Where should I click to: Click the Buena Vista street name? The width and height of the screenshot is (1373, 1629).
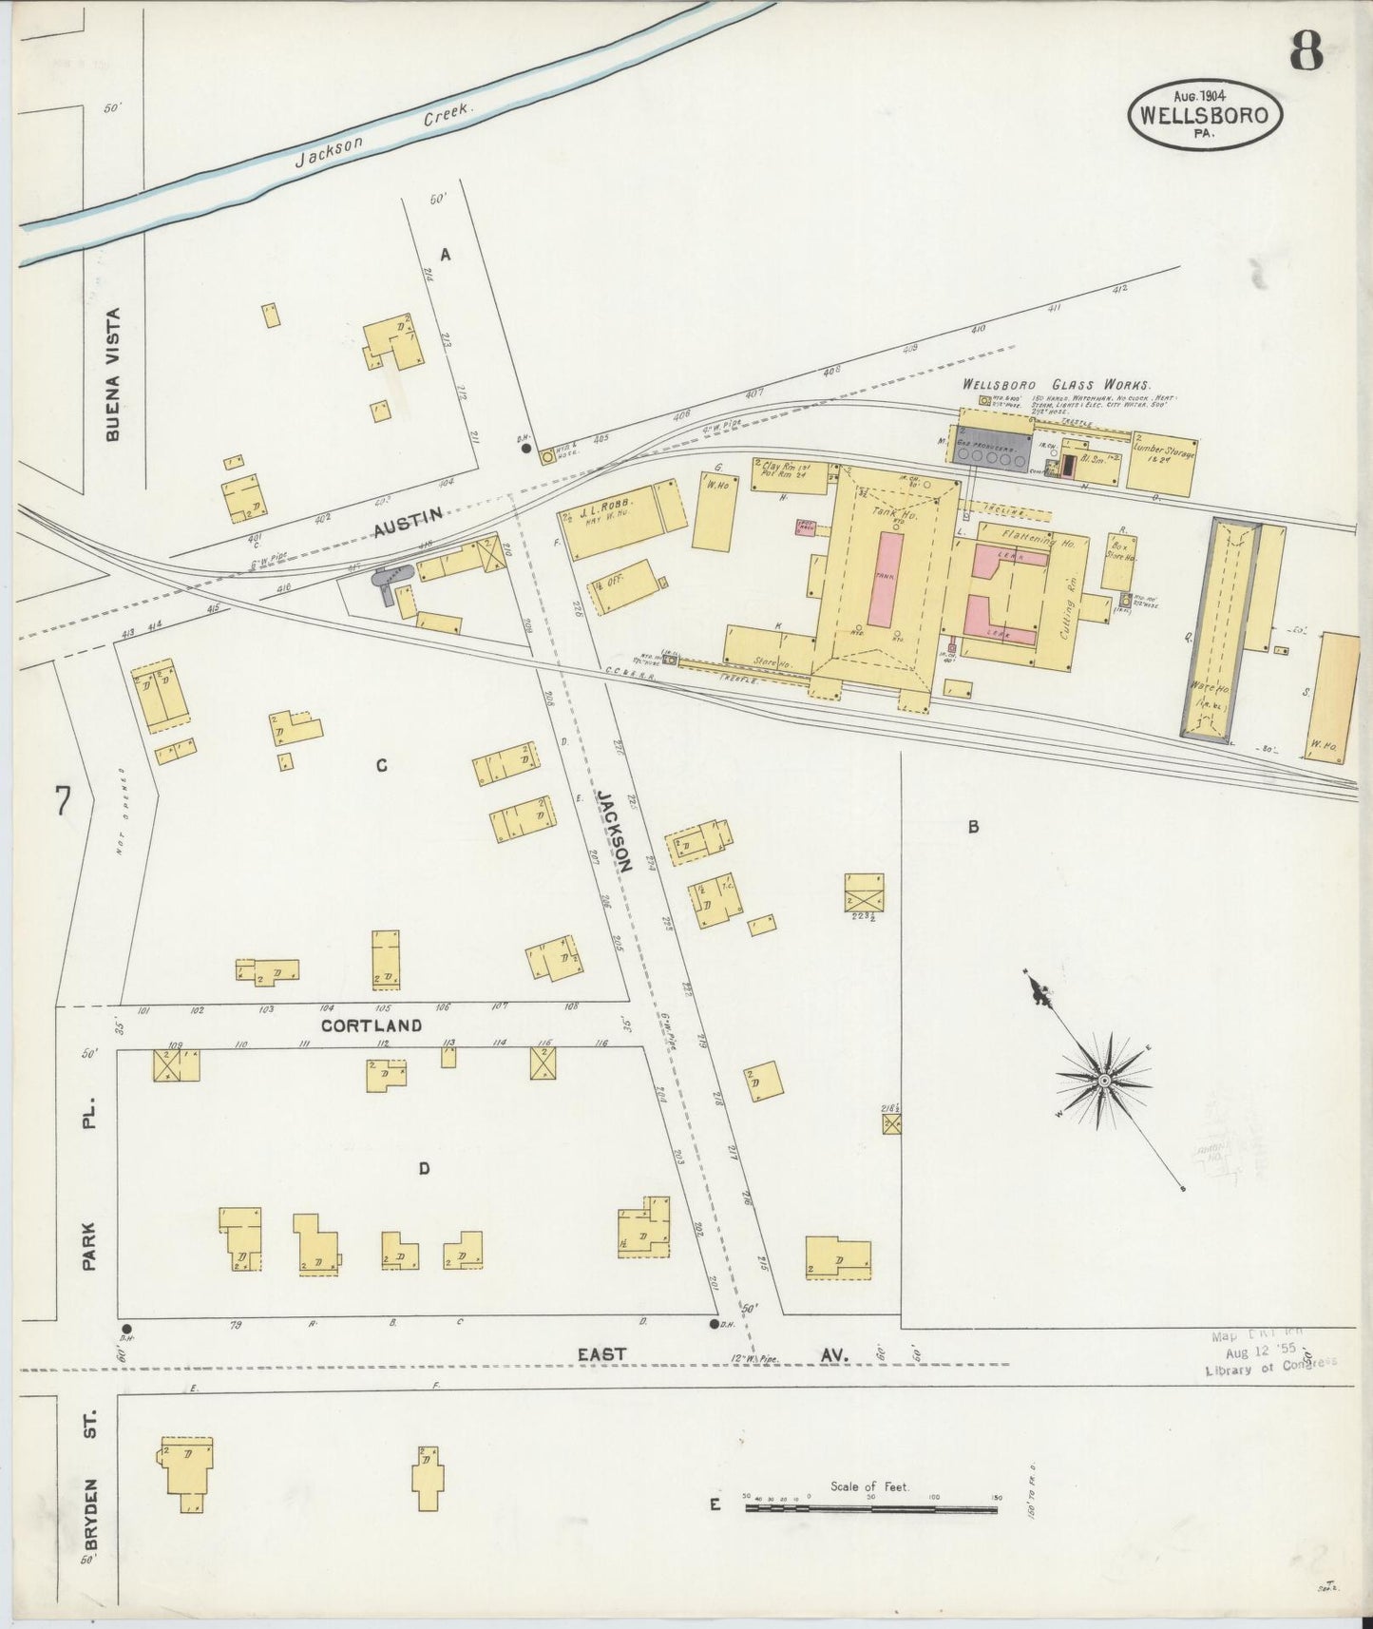114,374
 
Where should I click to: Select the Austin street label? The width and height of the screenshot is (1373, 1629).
408,522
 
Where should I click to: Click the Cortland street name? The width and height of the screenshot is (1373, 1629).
371,1025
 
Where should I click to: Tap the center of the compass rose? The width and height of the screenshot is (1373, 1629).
1105,1082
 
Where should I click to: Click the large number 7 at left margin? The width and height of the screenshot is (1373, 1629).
63,801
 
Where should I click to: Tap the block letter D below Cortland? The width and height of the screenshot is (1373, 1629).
425,1168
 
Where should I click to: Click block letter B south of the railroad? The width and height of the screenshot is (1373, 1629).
972,827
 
